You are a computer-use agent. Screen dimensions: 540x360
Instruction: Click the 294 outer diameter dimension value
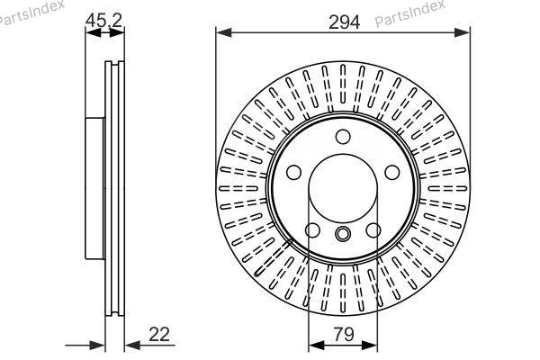click(344, 22)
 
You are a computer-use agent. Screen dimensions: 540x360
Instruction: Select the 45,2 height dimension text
click(103, 21)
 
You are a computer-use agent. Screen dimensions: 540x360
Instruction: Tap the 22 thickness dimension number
click(159, 334)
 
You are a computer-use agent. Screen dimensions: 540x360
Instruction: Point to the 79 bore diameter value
click(344, 334)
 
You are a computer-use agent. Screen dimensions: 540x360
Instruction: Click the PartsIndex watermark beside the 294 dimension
click(409, 13)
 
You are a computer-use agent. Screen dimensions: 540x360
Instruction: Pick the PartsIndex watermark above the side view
click(31, 13)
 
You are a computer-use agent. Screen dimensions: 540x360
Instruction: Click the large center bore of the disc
click(343, 188)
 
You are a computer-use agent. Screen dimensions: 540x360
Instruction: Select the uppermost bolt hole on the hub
click(343, 137)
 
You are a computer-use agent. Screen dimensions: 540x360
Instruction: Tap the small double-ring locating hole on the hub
click(343, 234)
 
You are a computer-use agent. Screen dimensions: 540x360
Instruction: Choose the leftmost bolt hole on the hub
click(293, 172)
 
